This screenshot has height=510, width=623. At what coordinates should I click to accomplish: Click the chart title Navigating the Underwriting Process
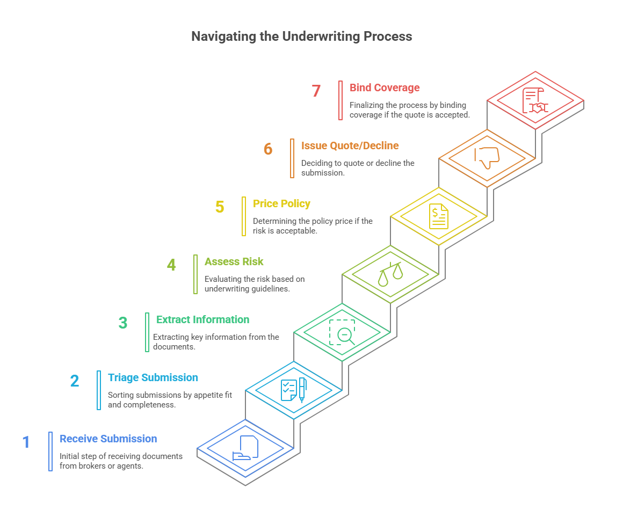click(x=302, y=37)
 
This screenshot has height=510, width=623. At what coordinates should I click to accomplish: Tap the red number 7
click(x=316, y=91)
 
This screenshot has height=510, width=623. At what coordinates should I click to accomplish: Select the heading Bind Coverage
click(x=385, y=88)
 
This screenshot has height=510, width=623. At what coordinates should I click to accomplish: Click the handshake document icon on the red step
click(x=535, y=101)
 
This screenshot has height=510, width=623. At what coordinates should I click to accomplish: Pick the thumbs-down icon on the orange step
click(x=487, y=158)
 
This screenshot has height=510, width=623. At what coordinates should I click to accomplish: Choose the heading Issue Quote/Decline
click(x=350, y=145)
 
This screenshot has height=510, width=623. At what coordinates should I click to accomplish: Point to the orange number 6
click(x=268, y=149)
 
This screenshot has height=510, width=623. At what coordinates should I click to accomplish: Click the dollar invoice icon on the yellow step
click(x=438, y=216)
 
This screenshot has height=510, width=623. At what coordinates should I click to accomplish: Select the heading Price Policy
click(x=281, y=203)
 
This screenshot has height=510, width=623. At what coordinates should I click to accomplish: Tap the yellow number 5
click(x=219, y=207)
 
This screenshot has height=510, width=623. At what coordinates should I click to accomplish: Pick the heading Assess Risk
click(x=234, y=261)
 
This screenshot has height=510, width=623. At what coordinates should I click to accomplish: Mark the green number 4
click(x=171, y=265)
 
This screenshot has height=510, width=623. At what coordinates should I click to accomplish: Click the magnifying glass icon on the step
click(x=342, y=332)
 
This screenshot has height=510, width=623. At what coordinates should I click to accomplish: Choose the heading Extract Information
click(x=202, y=319)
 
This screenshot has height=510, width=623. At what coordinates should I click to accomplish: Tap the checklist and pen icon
click(x=293, y=390)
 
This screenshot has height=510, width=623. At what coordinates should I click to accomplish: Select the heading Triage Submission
click(x=153, y=377)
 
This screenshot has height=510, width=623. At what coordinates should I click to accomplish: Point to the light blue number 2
click(x=74, y=381)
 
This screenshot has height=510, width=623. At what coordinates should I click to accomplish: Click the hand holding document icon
click(x=245, y=448)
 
